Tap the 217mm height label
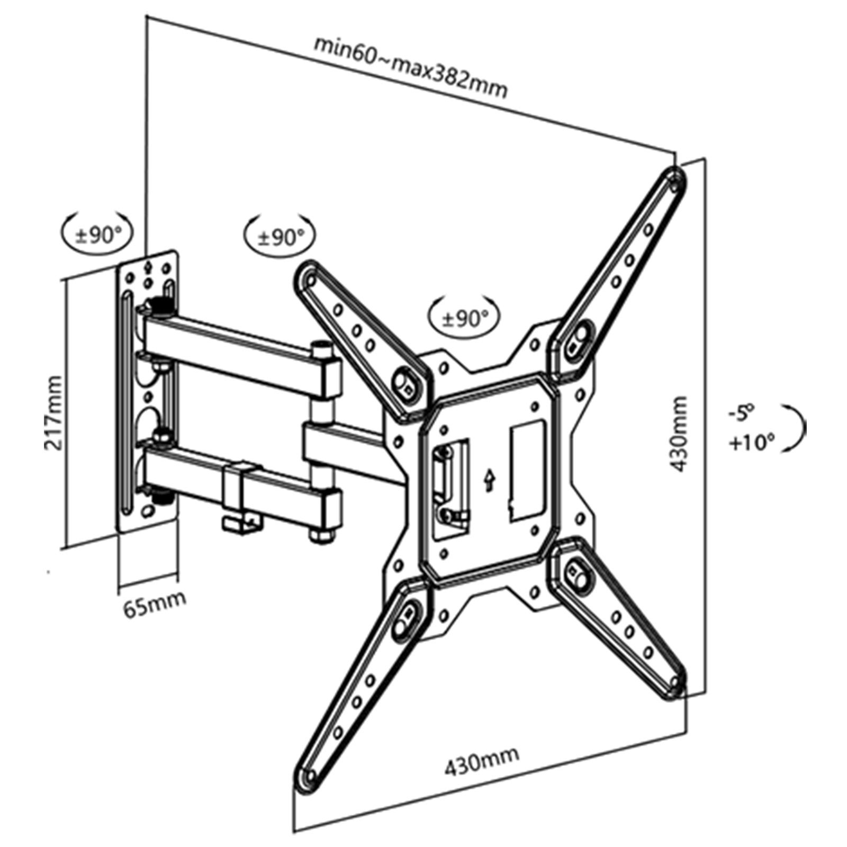[53, 413]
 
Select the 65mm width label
[154, 603]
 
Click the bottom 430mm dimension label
[481, 760]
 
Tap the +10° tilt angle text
[752, 442]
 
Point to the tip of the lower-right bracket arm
[677, 679]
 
